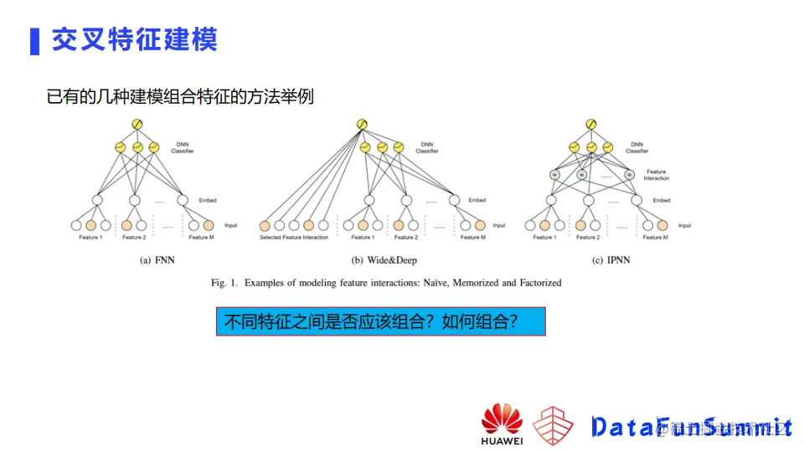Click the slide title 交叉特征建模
134,39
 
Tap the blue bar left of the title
34,40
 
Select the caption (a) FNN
157,260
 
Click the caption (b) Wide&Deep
384,260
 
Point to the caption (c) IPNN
611,260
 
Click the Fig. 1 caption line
386,283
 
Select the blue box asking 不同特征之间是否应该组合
380,321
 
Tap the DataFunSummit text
691,426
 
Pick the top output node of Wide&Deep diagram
362,125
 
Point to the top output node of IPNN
590,125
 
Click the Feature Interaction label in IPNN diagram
656,175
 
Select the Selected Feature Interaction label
293,238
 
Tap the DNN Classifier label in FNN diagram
183,147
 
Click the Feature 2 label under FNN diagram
133,238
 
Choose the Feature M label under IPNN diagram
654,238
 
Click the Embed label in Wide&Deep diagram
477,201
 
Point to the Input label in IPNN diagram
684,225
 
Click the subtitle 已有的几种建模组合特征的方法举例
180,96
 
